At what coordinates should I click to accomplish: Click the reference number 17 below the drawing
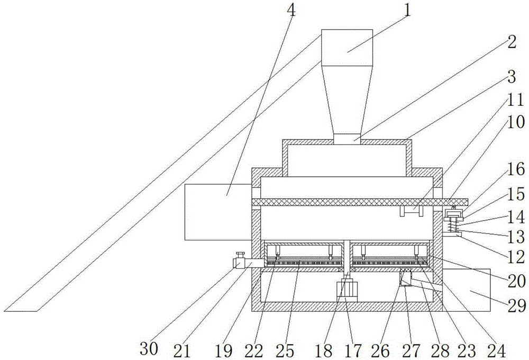353,349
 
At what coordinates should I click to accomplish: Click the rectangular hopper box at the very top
348,49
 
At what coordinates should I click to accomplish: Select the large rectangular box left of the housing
217,212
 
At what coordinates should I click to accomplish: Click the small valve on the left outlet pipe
239,260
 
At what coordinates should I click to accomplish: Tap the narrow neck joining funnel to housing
347,139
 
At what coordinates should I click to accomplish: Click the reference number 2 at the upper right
510,42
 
